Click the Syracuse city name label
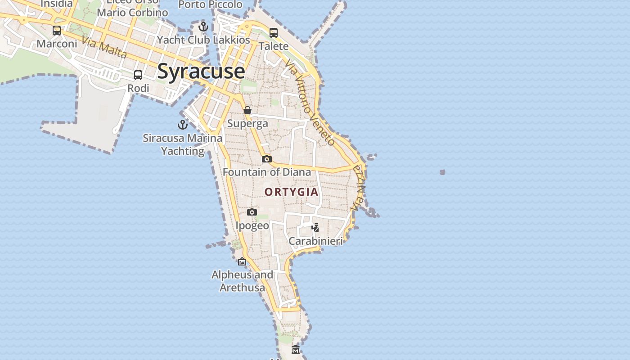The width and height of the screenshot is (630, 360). click(x=201, y=72)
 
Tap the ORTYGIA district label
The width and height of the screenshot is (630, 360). click(x=291, y=192)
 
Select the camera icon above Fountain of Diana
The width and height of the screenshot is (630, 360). click(x=267, y=159)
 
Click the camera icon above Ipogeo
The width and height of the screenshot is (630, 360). click(x=252, y=212)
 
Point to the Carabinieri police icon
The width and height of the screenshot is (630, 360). click(x=315, y=228)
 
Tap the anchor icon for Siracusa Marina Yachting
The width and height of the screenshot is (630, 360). click(x=183, y=125)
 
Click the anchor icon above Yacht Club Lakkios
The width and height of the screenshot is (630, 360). click(x=203, y=27)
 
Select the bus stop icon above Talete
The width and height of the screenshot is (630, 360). click(x=274, y=33)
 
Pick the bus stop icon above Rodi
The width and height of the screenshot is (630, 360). click(x=138, y=75)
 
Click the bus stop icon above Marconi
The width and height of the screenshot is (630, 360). click(x=57, y=31)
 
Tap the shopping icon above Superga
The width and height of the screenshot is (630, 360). click(x=247, y=110)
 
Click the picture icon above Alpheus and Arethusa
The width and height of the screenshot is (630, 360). click(x=242, y=261)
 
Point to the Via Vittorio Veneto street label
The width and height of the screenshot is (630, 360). click(x=310, y=104)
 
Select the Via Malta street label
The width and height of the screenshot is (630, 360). click(x=104, y=48)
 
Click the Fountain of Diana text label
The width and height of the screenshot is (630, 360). click(x=267, y=172)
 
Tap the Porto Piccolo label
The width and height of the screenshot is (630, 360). click(x=211, y=4)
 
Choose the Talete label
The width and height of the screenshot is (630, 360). click(x=274, y=46)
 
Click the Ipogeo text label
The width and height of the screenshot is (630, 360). click(x=252, y=225)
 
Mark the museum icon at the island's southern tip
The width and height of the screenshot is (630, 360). click(x=295, y=350)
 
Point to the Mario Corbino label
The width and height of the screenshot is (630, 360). click(x=132, y=13)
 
